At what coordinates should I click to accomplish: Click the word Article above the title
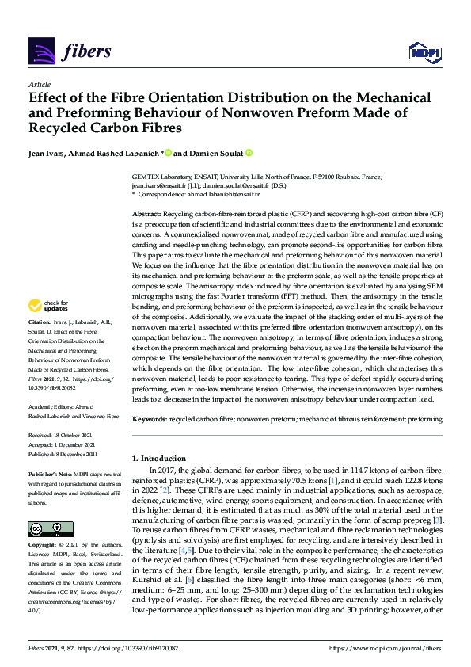click(39, 85)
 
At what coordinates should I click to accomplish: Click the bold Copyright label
click(43, 546)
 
